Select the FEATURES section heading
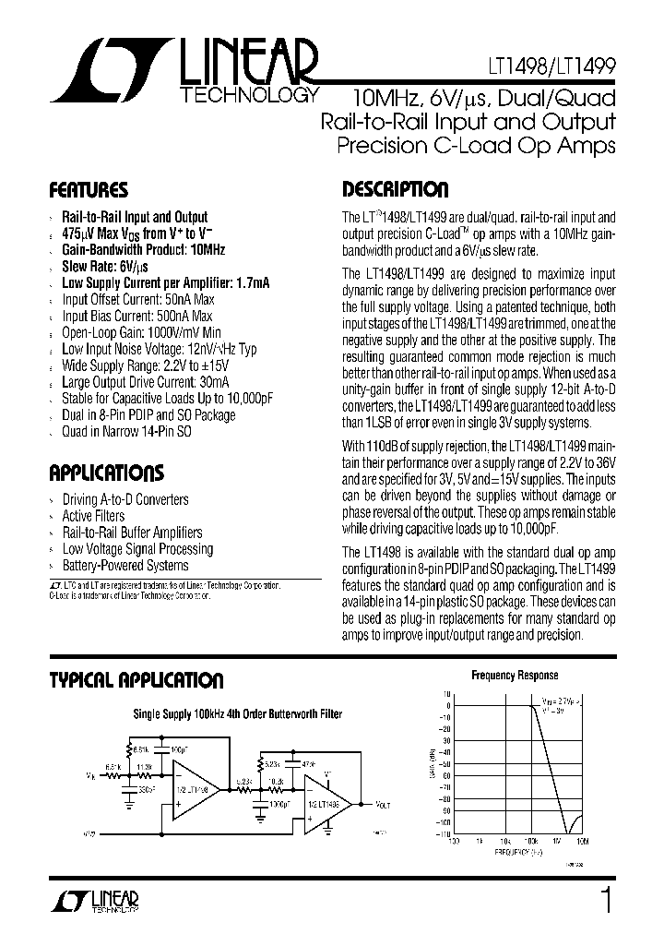89,192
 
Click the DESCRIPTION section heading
396,190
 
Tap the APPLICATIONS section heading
106,474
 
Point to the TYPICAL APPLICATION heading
136,681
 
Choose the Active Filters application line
93,516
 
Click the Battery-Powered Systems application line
125,566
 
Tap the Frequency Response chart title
515,675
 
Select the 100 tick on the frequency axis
453,842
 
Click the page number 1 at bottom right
605,899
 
